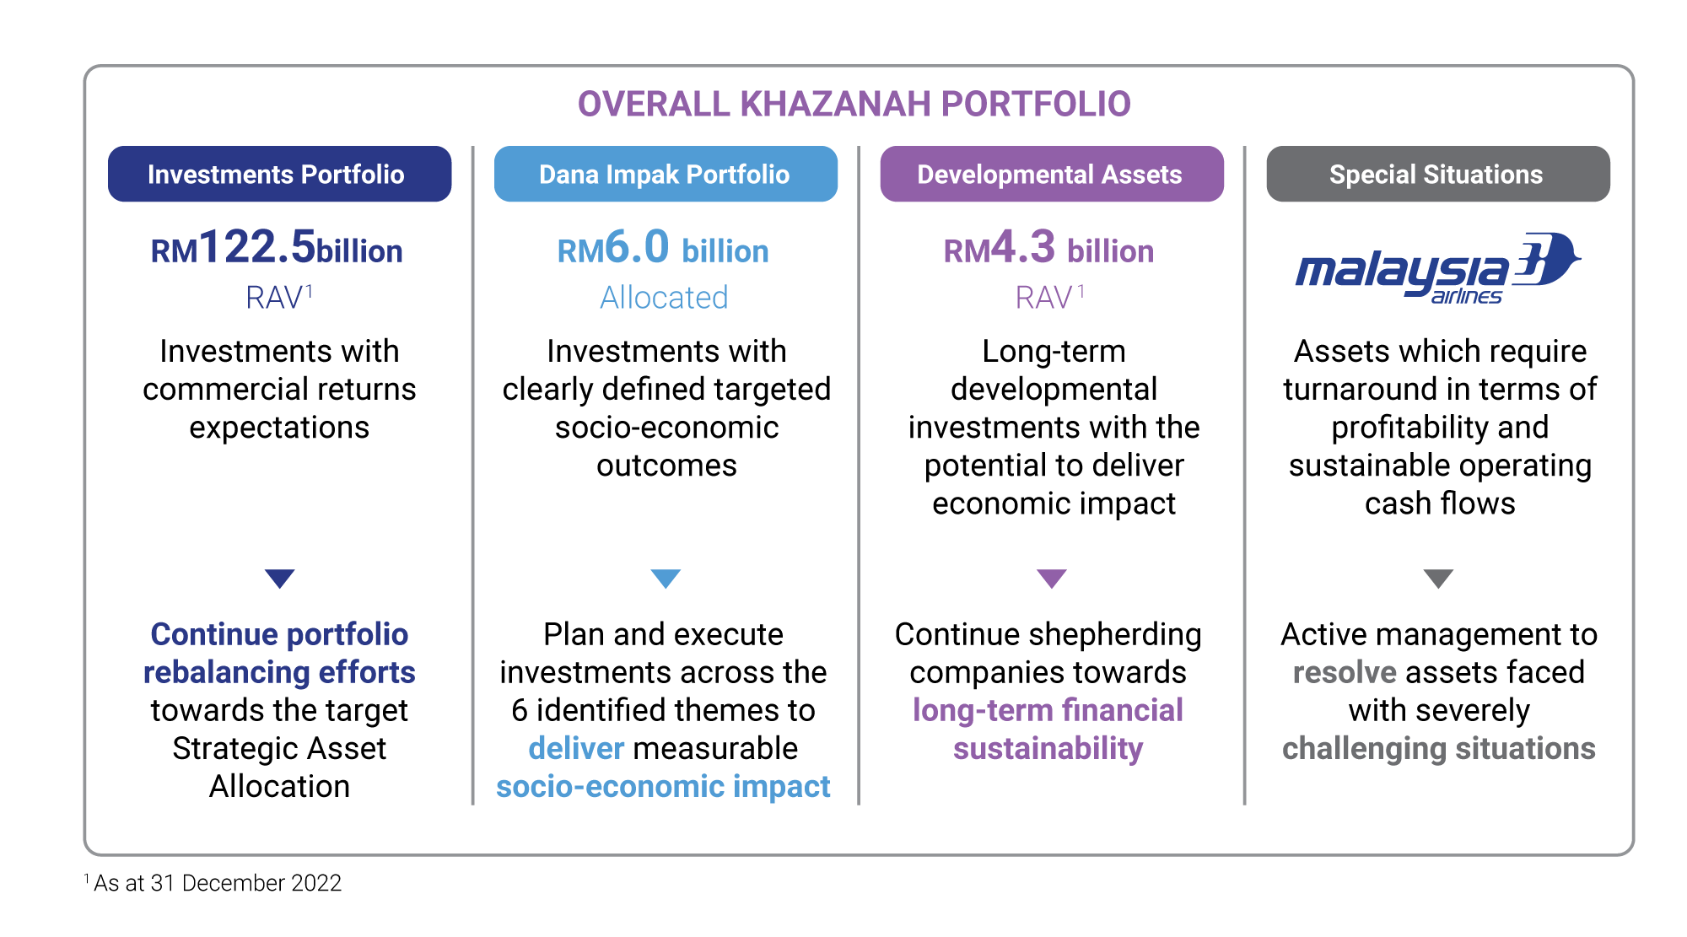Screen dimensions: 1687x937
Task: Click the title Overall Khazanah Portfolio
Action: point(854,104)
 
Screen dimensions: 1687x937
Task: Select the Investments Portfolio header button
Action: point(279,174)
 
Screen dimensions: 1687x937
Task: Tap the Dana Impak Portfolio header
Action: point(666,174)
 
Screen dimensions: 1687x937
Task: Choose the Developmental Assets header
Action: point(1052,174)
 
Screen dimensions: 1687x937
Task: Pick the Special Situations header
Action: point(1438,174)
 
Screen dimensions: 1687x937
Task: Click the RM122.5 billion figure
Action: point(277,248)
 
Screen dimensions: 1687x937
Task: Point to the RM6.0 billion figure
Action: point(663,248)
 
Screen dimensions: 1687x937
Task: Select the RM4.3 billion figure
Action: point(1048,248)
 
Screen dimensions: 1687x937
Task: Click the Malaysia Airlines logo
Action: point(1438,268)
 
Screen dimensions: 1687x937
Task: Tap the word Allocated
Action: point(664,298)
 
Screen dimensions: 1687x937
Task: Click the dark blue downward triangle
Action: point(279,578)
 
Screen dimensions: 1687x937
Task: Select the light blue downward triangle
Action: point(666,578)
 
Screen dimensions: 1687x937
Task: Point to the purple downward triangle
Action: point(1052,578)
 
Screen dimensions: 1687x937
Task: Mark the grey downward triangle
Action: point(1438,578)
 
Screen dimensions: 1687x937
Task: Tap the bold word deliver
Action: point(576,748)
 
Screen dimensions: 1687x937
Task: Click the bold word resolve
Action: point(1345,672)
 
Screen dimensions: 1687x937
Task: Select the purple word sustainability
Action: point(1048,749)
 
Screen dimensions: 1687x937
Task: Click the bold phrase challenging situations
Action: point(1439,749)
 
